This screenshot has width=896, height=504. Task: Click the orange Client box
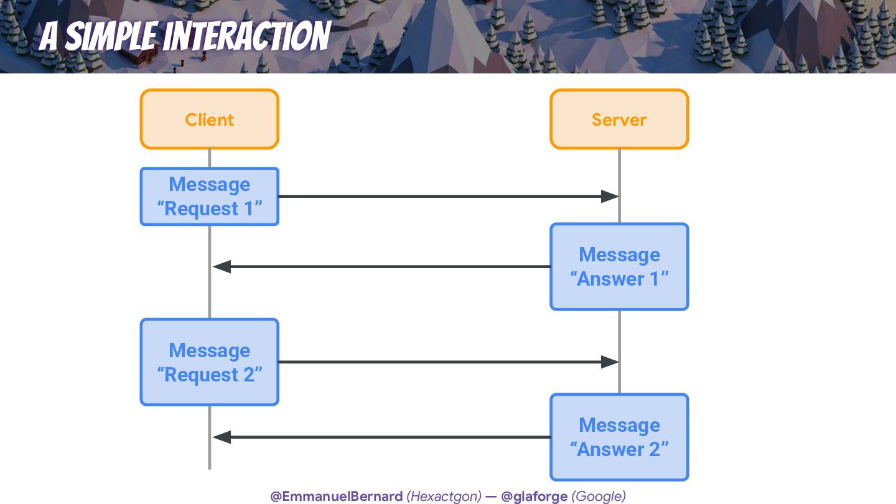[x=209, y=119]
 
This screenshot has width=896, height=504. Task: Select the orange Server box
[x=619, y=119]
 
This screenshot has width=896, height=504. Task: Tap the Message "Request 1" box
[x=209, y=197]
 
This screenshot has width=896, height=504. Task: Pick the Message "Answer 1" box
[x=619, y=266]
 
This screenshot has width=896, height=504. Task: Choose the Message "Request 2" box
[x=209, y=362]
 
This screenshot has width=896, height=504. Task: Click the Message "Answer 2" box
[x=619, y=437]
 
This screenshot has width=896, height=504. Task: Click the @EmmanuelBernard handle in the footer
[x=337, y=496]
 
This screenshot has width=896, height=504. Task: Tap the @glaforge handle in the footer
[x=534, y=496]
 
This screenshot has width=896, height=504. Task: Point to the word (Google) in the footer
[x=599, y=496]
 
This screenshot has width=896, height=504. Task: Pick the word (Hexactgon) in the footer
[x=444, y=496]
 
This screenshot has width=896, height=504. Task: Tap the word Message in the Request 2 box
[x=209, y=350]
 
